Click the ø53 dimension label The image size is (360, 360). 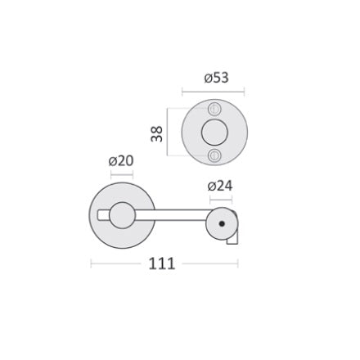(x=216, y=78)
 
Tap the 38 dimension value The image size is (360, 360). (x=157, y=133)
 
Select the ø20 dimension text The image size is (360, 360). (x=121, y=161)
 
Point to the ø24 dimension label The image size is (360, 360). (x=220, y=186)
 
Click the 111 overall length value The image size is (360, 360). (x=161, y=263)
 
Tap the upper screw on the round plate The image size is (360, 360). (x=214, y=109)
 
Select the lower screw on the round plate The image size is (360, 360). (x=214, y=155)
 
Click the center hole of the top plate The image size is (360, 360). (x=214, y=133)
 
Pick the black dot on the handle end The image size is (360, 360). (x=222, y=223)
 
